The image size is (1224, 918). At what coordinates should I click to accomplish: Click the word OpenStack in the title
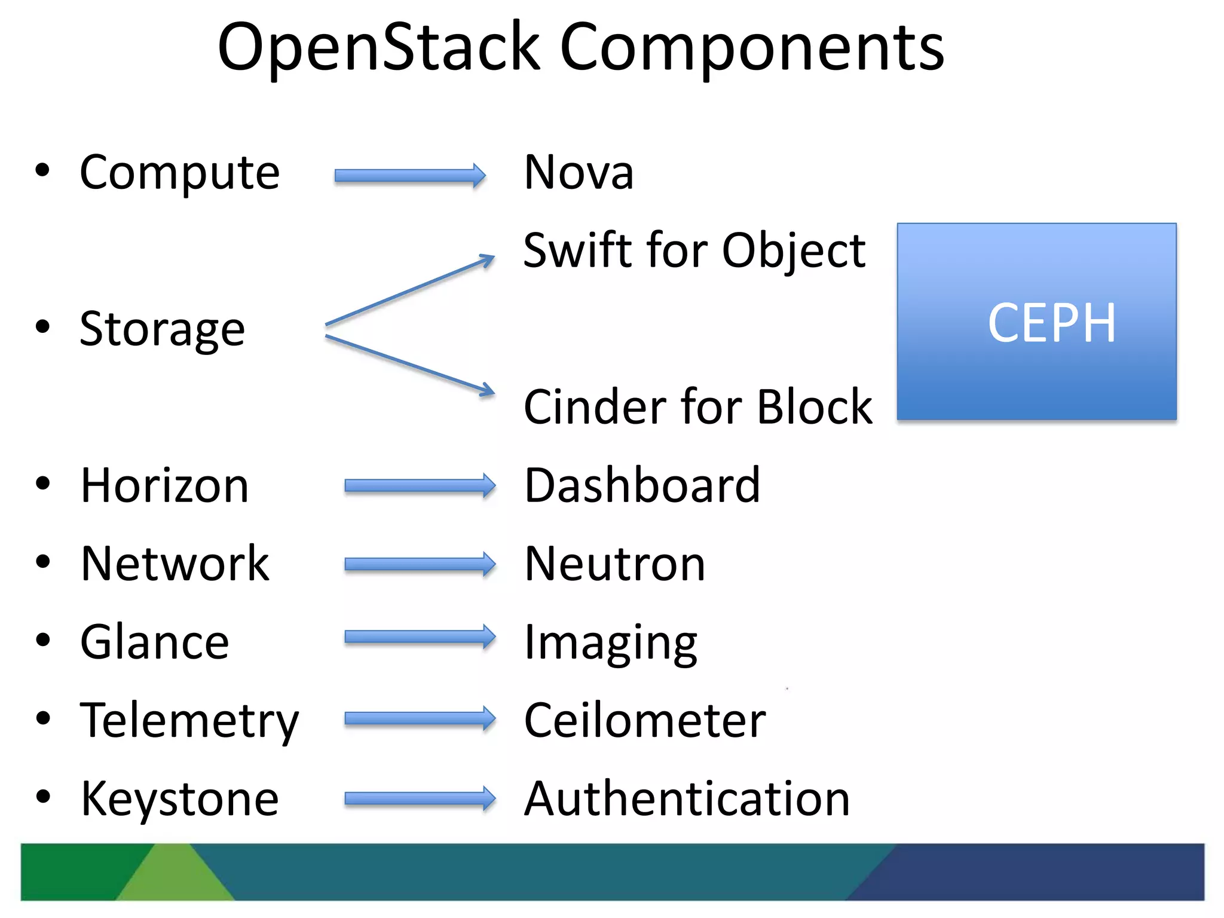coord(379,48)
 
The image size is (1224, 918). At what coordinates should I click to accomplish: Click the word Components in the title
coord(752,48)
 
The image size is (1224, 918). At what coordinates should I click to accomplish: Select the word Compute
coord(179,173)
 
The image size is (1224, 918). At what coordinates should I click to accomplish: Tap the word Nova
coord(579,173)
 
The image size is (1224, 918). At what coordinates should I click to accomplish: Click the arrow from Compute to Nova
coord(409,176)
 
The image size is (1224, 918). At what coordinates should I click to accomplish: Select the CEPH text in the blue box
coord(1051,323)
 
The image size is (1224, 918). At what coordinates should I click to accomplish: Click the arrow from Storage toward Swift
coord(409,291)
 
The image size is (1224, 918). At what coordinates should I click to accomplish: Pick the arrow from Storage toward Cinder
coord(409,364)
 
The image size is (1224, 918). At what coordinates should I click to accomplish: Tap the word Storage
coord(162,329)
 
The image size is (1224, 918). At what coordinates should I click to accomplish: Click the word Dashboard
coord(642,486)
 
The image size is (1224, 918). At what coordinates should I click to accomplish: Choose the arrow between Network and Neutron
coord(420,564)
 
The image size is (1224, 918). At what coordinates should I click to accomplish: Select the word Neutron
coord(614,564)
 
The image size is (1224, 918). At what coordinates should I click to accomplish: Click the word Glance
coord(155,642)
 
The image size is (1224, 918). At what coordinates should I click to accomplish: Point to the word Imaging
coord(610,644)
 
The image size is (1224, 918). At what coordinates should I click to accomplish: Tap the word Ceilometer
coord(644,721)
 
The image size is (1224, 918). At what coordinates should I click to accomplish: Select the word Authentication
coord(687,799)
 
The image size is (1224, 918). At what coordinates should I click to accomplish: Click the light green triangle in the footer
coord(175,879)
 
